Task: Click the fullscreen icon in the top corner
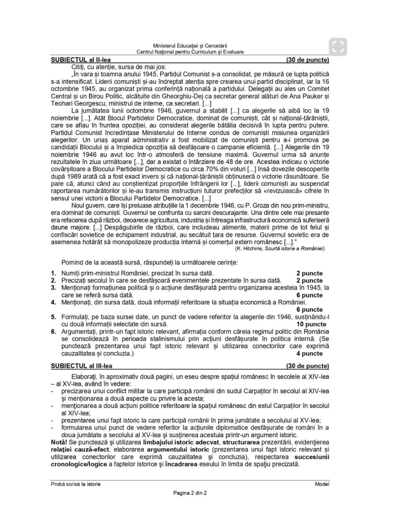[338, 47]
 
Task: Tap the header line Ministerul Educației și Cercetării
[190, 46]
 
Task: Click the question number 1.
[54, 273]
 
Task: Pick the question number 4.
[54, 302]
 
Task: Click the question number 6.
[54, 331]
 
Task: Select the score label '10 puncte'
[311, 324]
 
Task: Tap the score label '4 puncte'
[309, 353]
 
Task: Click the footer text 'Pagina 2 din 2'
[190, 493]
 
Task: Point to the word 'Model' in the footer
[322, 484]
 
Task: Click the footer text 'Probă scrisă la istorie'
[76, 484]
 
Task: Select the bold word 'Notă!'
[59, 442]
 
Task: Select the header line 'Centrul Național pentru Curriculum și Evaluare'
[190, 52]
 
